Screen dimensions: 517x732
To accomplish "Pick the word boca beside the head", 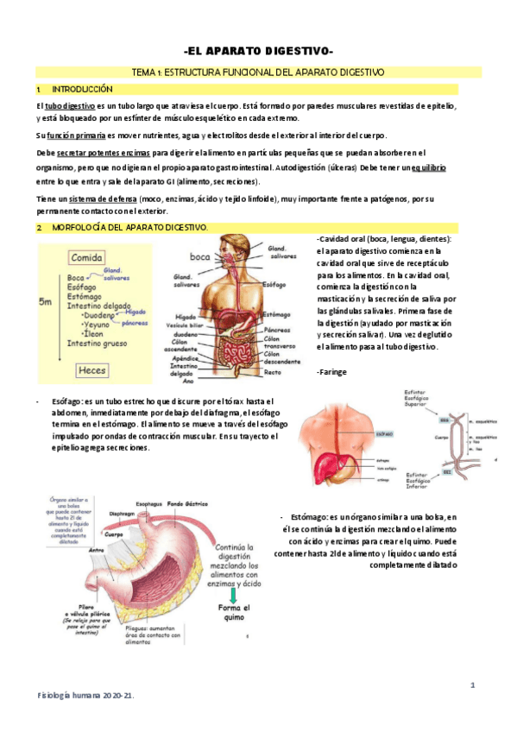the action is (200, 256).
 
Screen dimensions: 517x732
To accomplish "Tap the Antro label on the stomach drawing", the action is (97, 547).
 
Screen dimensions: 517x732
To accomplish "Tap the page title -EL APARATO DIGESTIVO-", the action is (259, 51).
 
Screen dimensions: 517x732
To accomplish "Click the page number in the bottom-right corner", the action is (472, 684).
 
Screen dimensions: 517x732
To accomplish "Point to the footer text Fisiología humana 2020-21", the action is (85, 695).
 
